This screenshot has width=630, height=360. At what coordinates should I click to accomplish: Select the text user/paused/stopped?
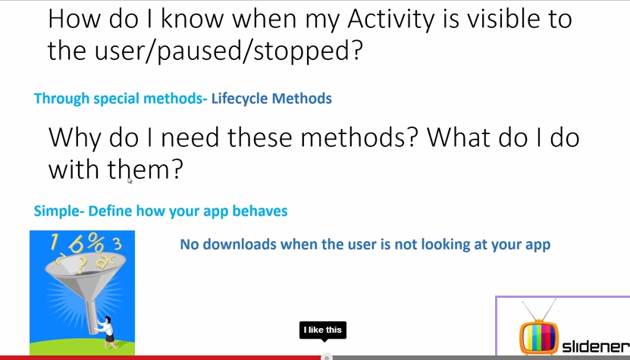click(x=228, y=52)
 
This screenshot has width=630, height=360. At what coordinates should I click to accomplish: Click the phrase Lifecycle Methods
click(x=271, y=99)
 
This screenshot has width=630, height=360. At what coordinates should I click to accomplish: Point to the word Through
click(x=61, y=99)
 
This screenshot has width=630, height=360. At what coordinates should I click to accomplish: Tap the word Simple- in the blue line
click(x=59, y=211)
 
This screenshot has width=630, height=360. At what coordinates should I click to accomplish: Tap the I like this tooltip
click(x=323, y=330)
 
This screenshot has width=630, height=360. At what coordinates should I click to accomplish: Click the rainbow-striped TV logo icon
click(x=538, y=335)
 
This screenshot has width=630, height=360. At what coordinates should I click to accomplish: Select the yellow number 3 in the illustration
click(x=117, y=243)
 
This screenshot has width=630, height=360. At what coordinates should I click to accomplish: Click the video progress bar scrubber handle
click(x=327, y=357)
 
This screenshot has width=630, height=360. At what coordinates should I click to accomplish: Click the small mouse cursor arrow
click(x=130, y=181)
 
